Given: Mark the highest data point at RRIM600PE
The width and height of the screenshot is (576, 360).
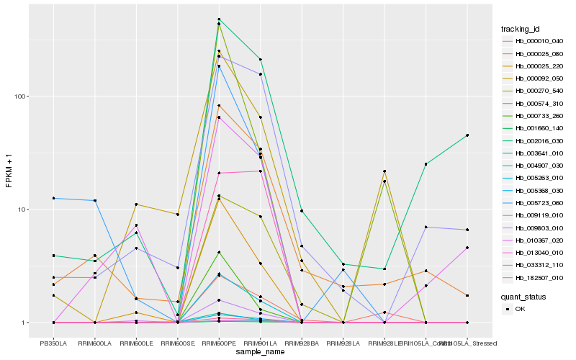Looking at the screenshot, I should click(x=219, y=19).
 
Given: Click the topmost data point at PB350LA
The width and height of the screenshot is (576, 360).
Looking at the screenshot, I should click(x=53, y=198).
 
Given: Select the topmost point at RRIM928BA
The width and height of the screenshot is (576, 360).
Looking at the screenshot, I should click(x=302, y=211).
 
